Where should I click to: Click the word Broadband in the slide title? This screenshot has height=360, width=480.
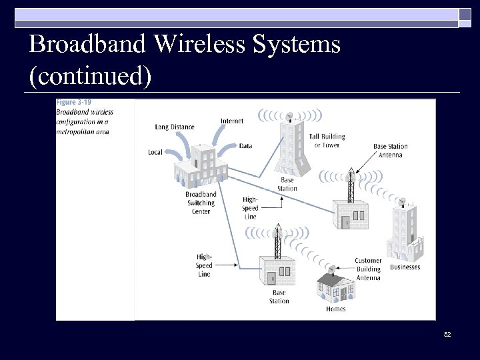pyautogui.click(x=87, y=45)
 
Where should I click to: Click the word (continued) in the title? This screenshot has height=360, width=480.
pyautogui.click(x=90, y=75)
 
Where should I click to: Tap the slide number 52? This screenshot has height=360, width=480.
pyautogui.click(x=447, y=333)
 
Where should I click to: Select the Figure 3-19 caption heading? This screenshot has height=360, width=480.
pyautogui.click(x=74, y=102)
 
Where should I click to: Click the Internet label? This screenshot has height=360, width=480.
pyautogui.click(x=232, y=121)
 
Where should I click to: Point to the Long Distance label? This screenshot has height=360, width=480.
pyautogui.click(x=175, y=127)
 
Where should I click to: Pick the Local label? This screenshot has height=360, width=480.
pyautogui.click(x=155, y=152)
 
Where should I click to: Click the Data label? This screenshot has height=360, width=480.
pyautogui.click(x=245, y=145)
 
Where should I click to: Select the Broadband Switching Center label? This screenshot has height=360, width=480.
pyautogui.click(x=201, y=203)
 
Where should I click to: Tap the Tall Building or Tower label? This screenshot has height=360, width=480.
pyautogui.click(x=327, y=141)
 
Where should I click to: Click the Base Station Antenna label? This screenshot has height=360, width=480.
pyautogui.click(x=388, y=151)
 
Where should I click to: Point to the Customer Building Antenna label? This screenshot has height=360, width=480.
pyautogui.click(x=368, y=269)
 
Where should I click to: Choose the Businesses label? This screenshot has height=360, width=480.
pyautogui.click(x=405, y=267)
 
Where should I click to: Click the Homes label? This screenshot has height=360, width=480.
pyautogui.click(x=336, y=309)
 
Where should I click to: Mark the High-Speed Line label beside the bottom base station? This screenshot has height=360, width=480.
pyautogui.click(x=204, y=265)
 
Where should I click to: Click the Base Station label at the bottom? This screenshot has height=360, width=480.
pyautogui.click(x=279, y=297)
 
